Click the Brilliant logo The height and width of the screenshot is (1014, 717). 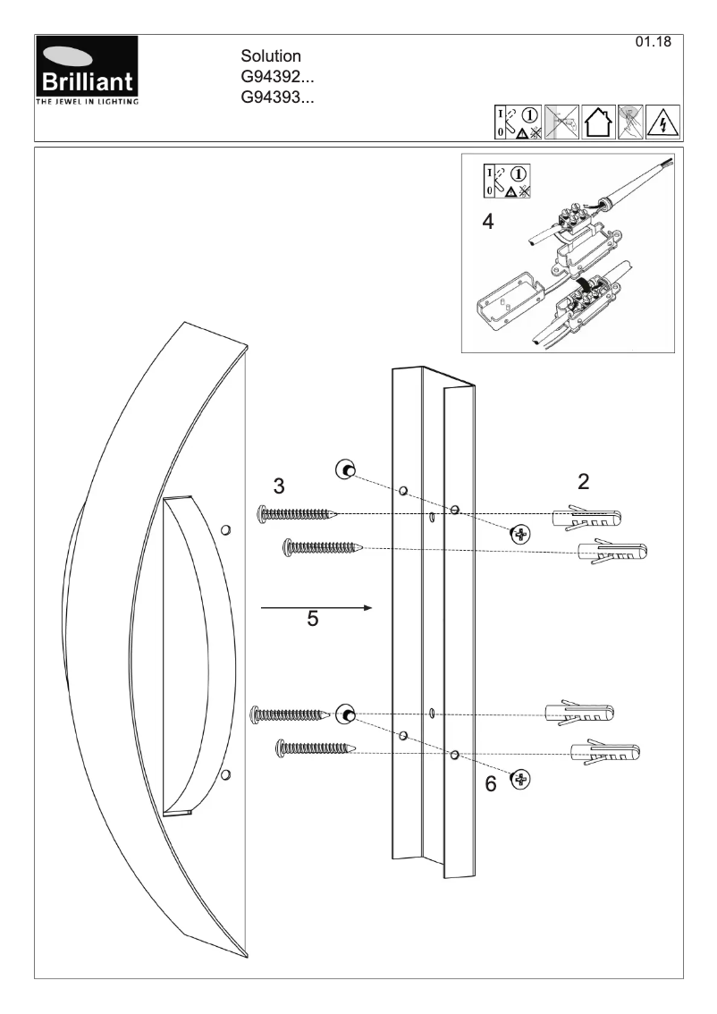pos(87,72)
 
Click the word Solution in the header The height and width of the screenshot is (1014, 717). pos(271,57)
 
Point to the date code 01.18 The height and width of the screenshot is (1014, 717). pos(652,43)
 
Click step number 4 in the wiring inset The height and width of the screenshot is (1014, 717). pos(487,222)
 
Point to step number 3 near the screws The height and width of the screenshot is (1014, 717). pos(280,486)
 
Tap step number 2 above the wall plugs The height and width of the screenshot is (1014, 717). pos(584,482)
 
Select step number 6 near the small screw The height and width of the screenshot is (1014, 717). pos(491,784)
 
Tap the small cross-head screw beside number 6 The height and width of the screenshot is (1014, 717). pos(519,780)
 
